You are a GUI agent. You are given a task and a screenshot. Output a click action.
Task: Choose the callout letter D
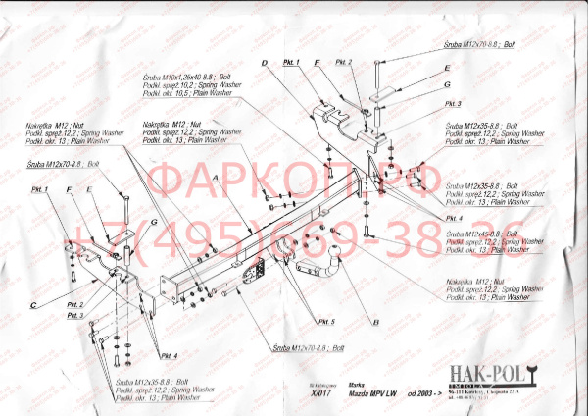click(x=264, y=65)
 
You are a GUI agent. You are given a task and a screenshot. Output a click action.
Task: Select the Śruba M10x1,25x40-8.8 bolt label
click(x=193, y=77)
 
